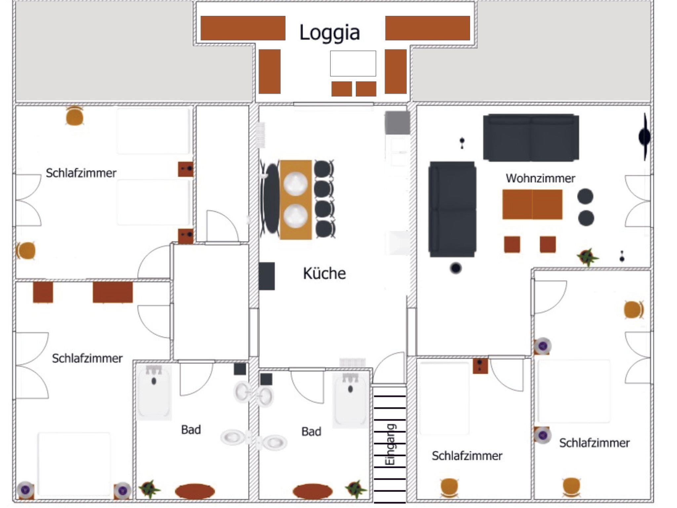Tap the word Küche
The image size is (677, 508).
[x=324, y=273]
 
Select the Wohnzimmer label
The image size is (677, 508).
[x=540, y=178]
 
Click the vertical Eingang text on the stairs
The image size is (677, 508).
[x=390, y=445]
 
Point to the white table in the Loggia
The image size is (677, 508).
[x=353, y=63]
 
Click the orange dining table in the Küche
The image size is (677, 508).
[x=296, y=200]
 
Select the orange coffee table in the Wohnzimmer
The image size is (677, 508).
[x=532, y=204]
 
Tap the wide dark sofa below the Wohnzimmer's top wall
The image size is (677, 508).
[x=531, y=137]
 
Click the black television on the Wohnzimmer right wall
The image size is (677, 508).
[x=644, y=137]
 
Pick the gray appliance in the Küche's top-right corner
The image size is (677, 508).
[x=397, y=123]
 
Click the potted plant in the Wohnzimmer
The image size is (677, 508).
[x=587, y=257]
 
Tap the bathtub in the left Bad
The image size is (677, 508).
[x=154, y=392]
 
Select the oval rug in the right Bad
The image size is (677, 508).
[x=312, y=491]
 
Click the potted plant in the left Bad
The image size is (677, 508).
[x=149, y=489]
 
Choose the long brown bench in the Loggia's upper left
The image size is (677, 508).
[x=243, y=28]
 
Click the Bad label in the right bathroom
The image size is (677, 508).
[x=311, y=431]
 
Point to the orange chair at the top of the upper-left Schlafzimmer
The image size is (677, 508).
[x=74, y=116]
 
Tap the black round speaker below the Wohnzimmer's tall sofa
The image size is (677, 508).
[x=456, y=268]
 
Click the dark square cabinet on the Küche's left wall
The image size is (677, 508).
[x=267, y=276]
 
